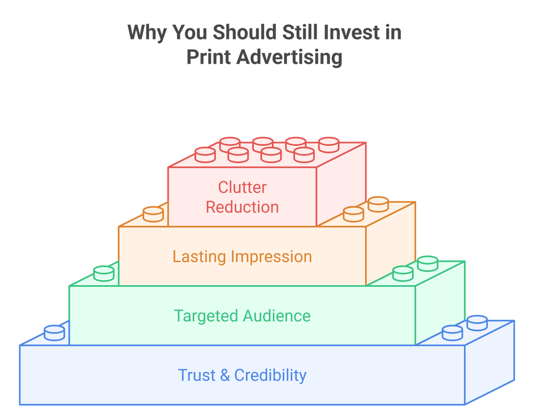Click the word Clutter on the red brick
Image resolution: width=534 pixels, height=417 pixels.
coord(242,187)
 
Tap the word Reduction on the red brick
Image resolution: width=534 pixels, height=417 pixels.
coord(242,207)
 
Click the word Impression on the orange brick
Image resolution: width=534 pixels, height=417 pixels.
coord(271,257)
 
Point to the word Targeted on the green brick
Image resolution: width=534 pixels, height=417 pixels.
coord(206,316)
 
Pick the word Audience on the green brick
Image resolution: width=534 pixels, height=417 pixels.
coord(277,316)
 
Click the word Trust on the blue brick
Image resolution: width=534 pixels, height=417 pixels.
coord(197,375)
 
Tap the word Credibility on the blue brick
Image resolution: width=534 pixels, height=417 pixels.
coord(270,375)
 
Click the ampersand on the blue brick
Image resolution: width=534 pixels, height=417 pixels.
coord(225,375)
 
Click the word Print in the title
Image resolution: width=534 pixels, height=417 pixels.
coord(209,57)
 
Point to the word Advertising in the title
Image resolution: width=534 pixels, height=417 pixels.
coord(289,57)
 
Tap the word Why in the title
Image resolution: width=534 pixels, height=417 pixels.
coord(147,33)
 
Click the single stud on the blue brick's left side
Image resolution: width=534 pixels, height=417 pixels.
coord(54,333)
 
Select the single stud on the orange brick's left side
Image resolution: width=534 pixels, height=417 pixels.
coord(153,214)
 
